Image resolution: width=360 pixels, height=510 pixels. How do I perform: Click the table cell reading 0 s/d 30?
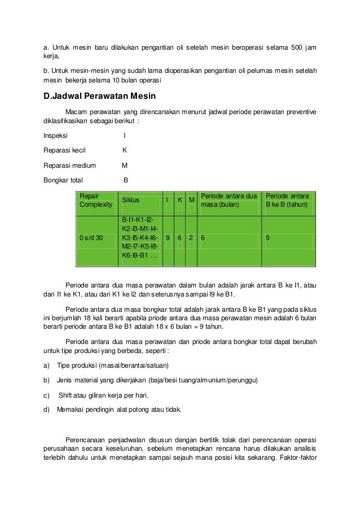[91, 238]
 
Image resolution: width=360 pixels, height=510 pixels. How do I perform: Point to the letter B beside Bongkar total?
[126, 181]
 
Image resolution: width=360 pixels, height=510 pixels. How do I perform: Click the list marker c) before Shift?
[47, 395]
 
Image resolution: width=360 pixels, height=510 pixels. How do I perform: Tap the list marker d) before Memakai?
[47, 409]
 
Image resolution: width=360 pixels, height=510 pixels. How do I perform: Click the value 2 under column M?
[192, 238]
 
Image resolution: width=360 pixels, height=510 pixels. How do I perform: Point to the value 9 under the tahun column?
[268, 238]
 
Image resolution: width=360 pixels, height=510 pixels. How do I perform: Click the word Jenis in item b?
[65, 380]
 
